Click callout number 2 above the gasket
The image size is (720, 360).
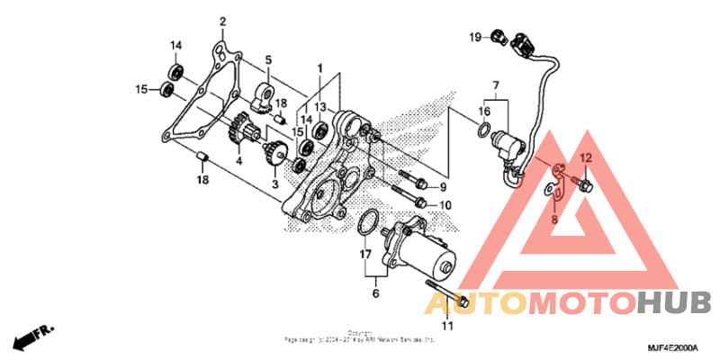coord(223,21)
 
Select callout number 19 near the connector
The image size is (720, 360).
coord(474,37)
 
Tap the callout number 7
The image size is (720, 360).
coord(494,86)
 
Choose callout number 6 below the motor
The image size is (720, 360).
coord(376,292)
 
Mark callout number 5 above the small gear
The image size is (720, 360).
coord(267,61)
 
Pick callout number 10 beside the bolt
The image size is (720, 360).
coord(444,205)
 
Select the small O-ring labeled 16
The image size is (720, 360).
coord(483,133)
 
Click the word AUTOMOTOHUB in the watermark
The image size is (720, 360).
coord(568,301)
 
